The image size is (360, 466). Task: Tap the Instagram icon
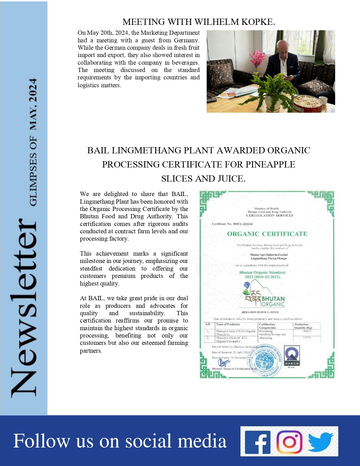[289, 441]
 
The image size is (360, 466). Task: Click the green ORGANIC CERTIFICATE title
[267, 234]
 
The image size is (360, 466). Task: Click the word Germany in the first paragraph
[189, 40]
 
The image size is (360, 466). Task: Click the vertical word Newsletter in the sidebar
[24, 308]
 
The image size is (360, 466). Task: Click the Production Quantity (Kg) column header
[303, 326]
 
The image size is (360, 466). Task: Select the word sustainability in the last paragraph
[147, 313]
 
